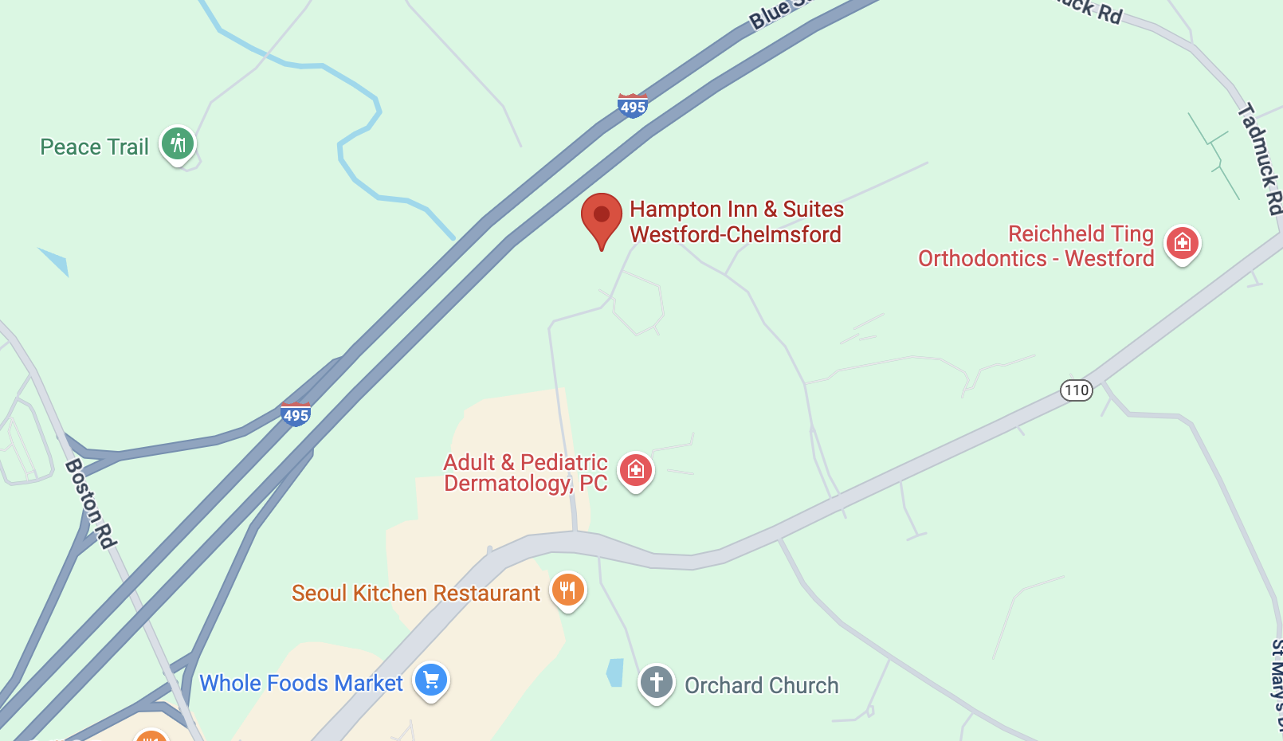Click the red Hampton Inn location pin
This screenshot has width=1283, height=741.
click(602, 217)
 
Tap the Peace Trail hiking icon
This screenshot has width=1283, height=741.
click(178, 144)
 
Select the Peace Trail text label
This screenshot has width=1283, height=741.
click(94, 147)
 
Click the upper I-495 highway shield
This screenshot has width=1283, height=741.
click(633, 106)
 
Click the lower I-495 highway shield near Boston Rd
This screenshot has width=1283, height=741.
click(296, 414)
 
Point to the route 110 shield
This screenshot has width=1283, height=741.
click(1076, 390)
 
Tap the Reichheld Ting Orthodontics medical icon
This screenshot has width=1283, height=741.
click(1183, 242)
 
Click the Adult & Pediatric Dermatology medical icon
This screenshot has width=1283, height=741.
click(636, 470)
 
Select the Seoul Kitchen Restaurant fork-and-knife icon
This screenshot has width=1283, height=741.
click(567, 590)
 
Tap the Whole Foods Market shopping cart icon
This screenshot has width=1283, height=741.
click(432, 680)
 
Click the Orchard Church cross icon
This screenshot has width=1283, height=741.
click(657, 683)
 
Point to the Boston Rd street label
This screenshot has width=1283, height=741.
click(91, 503)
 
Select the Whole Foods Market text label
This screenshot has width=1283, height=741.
click(301, 684)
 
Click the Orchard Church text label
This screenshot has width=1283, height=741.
click(761, 686)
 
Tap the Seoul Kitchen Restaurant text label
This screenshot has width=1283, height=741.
click(415, 594)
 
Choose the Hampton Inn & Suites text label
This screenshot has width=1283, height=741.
click(736, 222)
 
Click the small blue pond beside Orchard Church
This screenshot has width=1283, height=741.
click(614, 672)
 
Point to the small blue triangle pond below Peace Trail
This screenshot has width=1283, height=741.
click(56, 261)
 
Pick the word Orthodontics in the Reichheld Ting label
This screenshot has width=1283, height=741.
click(982, 259)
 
